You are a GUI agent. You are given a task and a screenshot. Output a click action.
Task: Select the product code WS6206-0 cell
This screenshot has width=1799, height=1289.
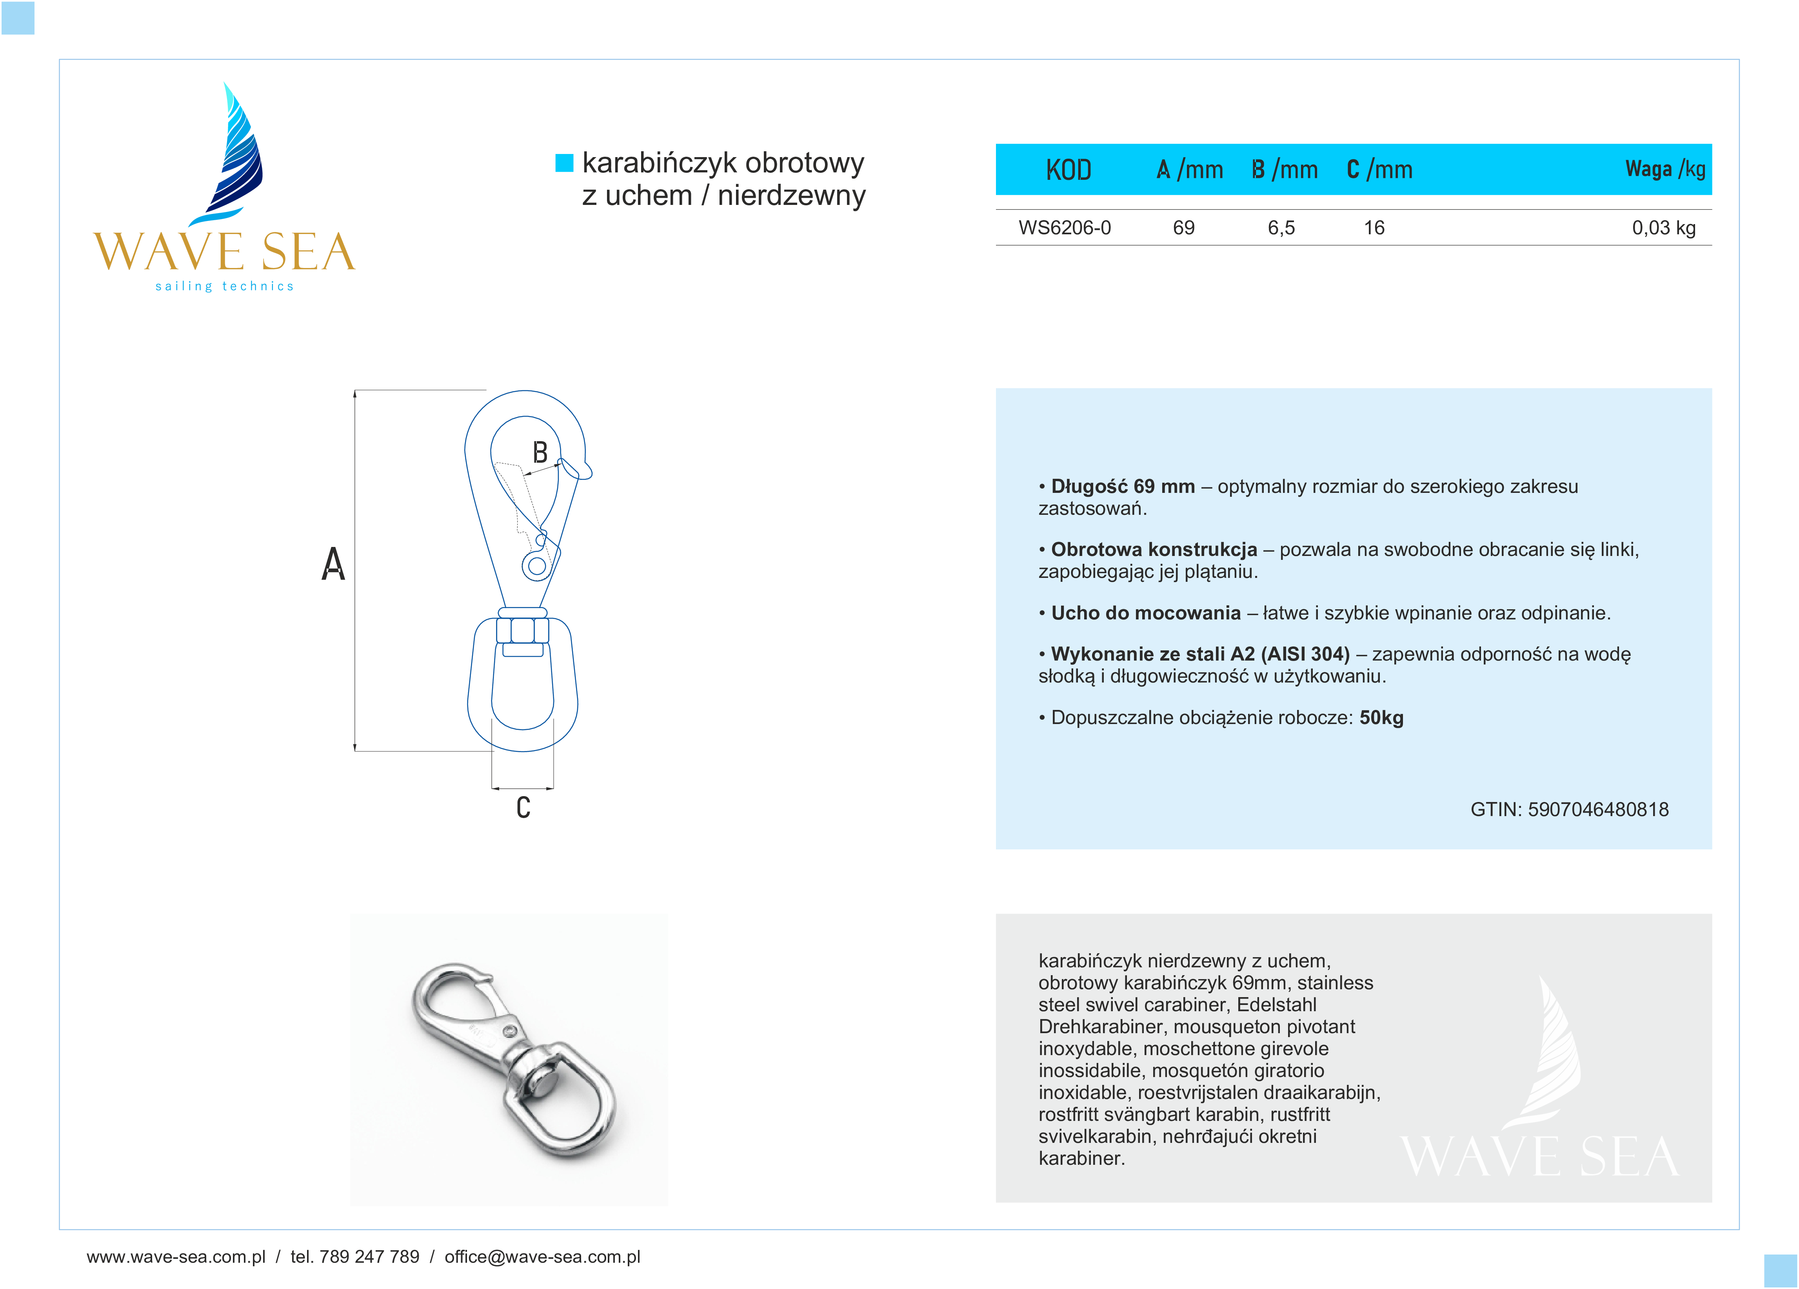coord(1065,228)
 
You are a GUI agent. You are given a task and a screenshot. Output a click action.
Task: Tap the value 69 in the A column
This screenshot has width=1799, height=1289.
coord(1183,228)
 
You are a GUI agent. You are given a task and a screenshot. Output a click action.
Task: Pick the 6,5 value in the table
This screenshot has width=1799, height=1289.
coord(1281,228)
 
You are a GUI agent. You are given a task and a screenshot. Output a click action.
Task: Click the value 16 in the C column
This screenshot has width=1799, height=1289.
coord(1374,228)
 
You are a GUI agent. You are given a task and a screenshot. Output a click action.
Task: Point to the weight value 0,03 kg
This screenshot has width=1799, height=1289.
coord(1663,228)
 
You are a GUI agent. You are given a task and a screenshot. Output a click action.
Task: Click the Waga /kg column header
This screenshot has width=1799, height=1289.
coord(1665,169)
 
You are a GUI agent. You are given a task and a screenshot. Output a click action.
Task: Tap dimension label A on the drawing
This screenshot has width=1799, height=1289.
coord(333,565)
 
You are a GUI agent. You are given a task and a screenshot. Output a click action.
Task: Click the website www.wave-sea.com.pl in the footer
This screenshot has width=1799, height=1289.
coord(176,1256)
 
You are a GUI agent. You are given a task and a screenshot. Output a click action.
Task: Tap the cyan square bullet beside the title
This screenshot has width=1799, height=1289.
coord(564,163)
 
